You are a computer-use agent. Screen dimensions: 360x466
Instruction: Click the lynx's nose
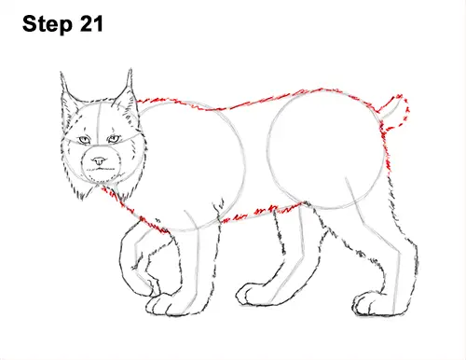(x=98, y=160)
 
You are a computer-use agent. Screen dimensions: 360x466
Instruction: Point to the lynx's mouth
(x=98, y=168)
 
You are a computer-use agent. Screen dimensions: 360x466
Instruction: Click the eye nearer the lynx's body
(x=114, y=140)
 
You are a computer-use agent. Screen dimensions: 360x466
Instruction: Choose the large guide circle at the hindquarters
(x=325, y=149)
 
